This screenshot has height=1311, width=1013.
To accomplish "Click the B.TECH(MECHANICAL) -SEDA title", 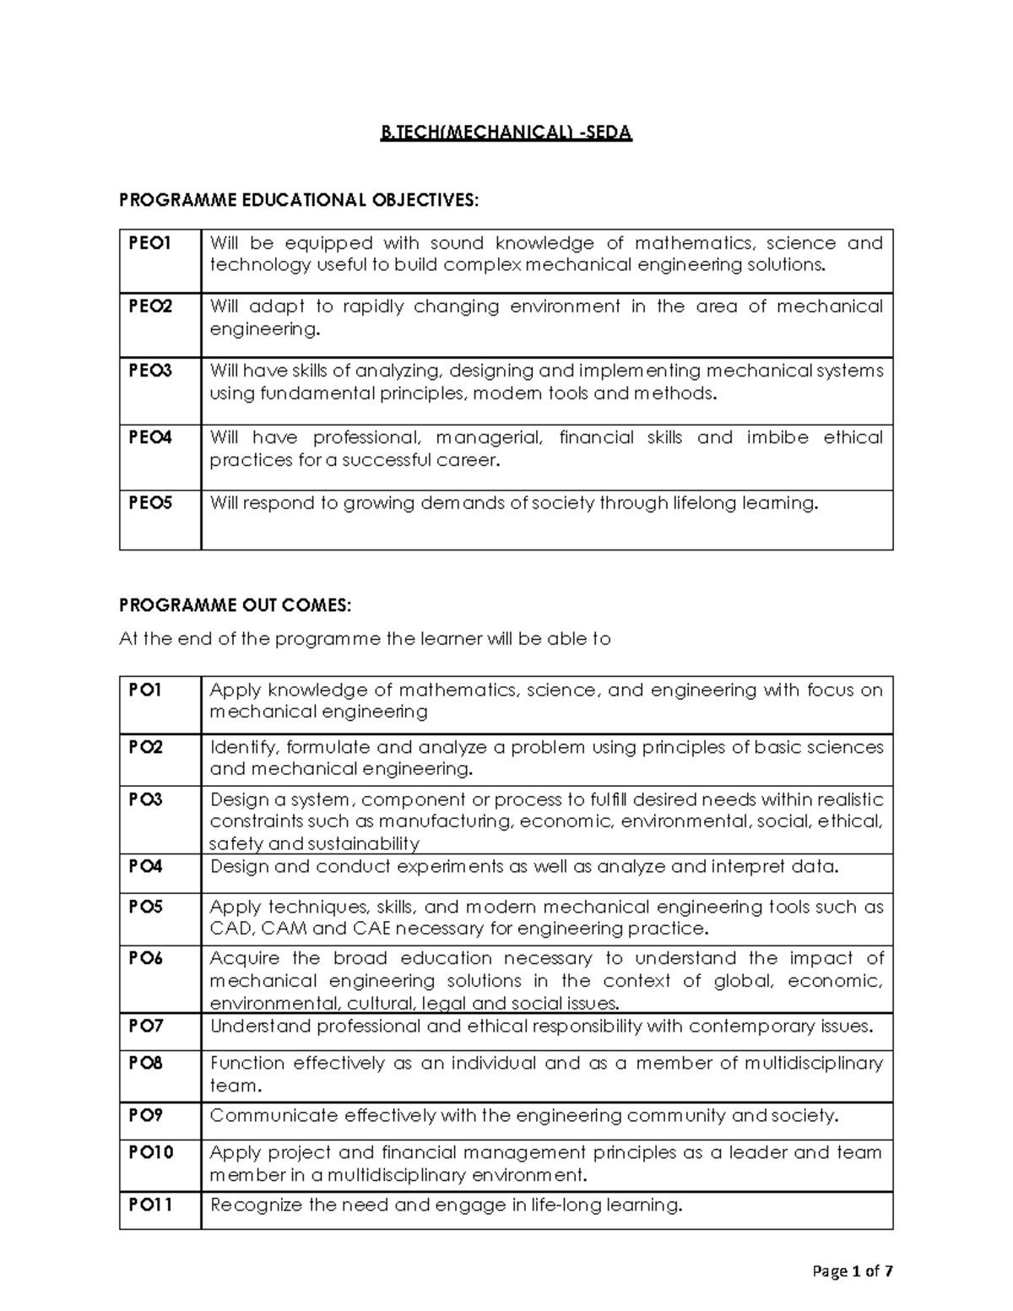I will click(506, 133).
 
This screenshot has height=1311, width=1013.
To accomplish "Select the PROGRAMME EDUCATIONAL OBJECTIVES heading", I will click(298, 199).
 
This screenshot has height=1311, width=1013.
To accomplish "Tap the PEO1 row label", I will click(149, 243).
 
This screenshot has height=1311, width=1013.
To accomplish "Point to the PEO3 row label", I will click(149, 371).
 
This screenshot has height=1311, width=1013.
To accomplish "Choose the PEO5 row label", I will click(149, 503).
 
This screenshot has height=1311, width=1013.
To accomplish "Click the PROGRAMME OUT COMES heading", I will click(233, 605).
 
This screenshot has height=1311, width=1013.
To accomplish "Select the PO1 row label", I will click(144, 690).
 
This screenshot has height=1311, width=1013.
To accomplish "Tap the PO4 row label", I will click(145, 866).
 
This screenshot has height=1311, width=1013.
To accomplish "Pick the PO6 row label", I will click(145, 958).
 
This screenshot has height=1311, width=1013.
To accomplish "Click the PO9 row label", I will click(145, 1115).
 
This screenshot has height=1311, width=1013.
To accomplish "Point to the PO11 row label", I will click(149, 1205).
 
